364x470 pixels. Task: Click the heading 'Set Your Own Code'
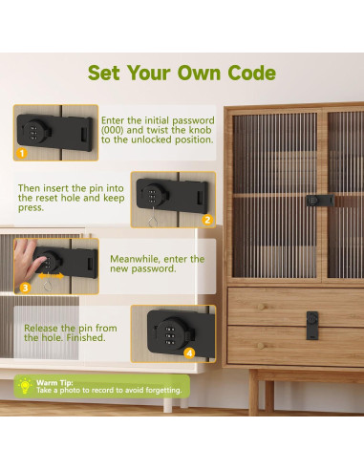[182, 74]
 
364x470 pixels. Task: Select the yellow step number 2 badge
[206, 219]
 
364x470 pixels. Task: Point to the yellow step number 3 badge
[25, 286]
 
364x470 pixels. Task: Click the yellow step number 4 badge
[189, 352]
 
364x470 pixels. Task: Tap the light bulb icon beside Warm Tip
[24, 386]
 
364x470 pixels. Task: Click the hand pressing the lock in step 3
[29, 258]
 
